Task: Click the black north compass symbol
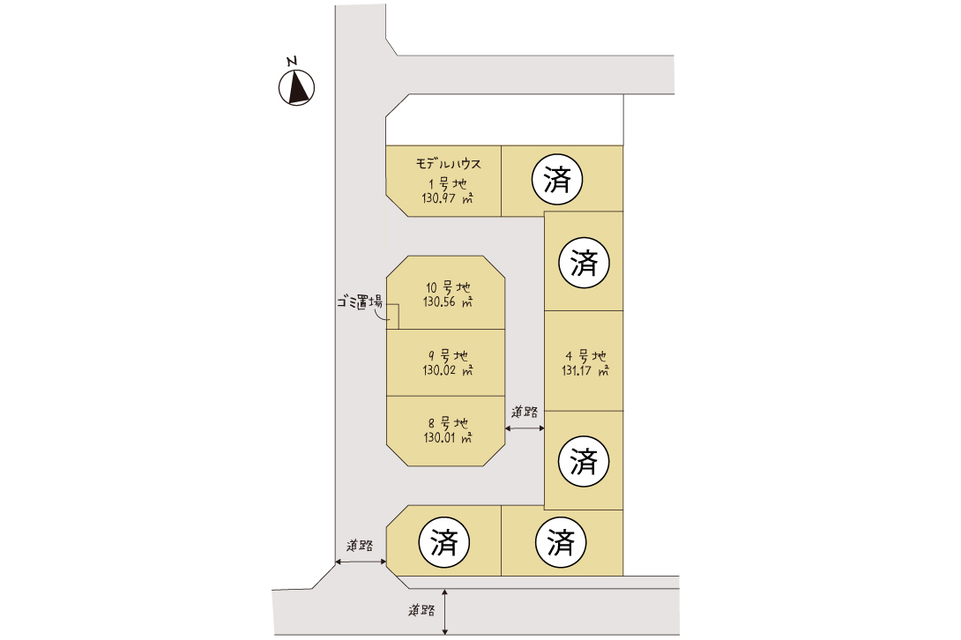(x=296, y=87)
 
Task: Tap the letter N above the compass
(x=293, y=61)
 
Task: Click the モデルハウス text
(x=448, y=164)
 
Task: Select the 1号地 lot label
(x=447, y=183)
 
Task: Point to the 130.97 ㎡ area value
(x=447, y=198)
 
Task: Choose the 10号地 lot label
(x=448, y=287)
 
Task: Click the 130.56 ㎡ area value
(x=448, y=301)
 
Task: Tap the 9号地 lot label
(x=448, y=355)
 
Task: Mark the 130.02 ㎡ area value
(x=448, y=370)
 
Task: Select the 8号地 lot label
(x=448, y=423)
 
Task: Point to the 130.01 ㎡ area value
(x=448, y=438)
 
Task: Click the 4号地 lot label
(x=585, y=355)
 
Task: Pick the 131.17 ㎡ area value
(x=585, y=370)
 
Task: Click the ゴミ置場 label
(x=360, y=301)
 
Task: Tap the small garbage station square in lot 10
(x=392, y=316)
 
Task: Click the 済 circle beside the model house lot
(x=556, y=180)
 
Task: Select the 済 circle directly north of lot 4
(x=584, y=263)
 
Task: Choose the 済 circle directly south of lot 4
(x=584, y=461)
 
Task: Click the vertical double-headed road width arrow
(x=445, y=612)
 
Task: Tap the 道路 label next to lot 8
(x=525, y=412)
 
